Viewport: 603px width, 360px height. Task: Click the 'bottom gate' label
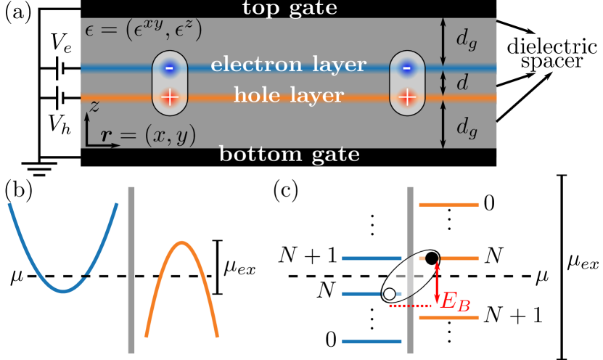(290, 155)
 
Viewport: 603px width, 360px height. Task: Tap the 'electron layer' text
(288, 65)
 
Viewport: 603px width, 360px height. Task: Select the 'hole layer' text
(288, 95)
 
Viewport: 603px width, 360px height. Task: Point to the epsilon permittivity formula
(143, 31)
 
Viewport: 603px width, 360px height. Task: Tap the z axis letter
(94, 106)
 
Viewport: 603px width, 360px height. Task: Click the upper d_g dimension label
(467, 40)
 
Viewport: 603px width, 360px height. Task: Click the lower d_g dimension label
(467, 127)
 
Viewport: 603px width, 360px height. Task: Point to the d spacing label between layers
(462, 83)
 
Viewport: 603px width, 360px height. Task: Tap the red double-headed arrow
(436, 285)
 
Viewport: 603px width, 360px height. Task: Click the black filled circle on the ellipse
(432, 258)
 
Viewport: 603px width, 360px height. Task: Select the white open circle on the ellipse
(390, 294)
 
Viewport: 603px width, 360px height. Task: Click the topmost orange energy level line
(448, 205)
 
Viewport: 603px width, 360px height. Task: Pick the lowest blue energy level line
(372, 340)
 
